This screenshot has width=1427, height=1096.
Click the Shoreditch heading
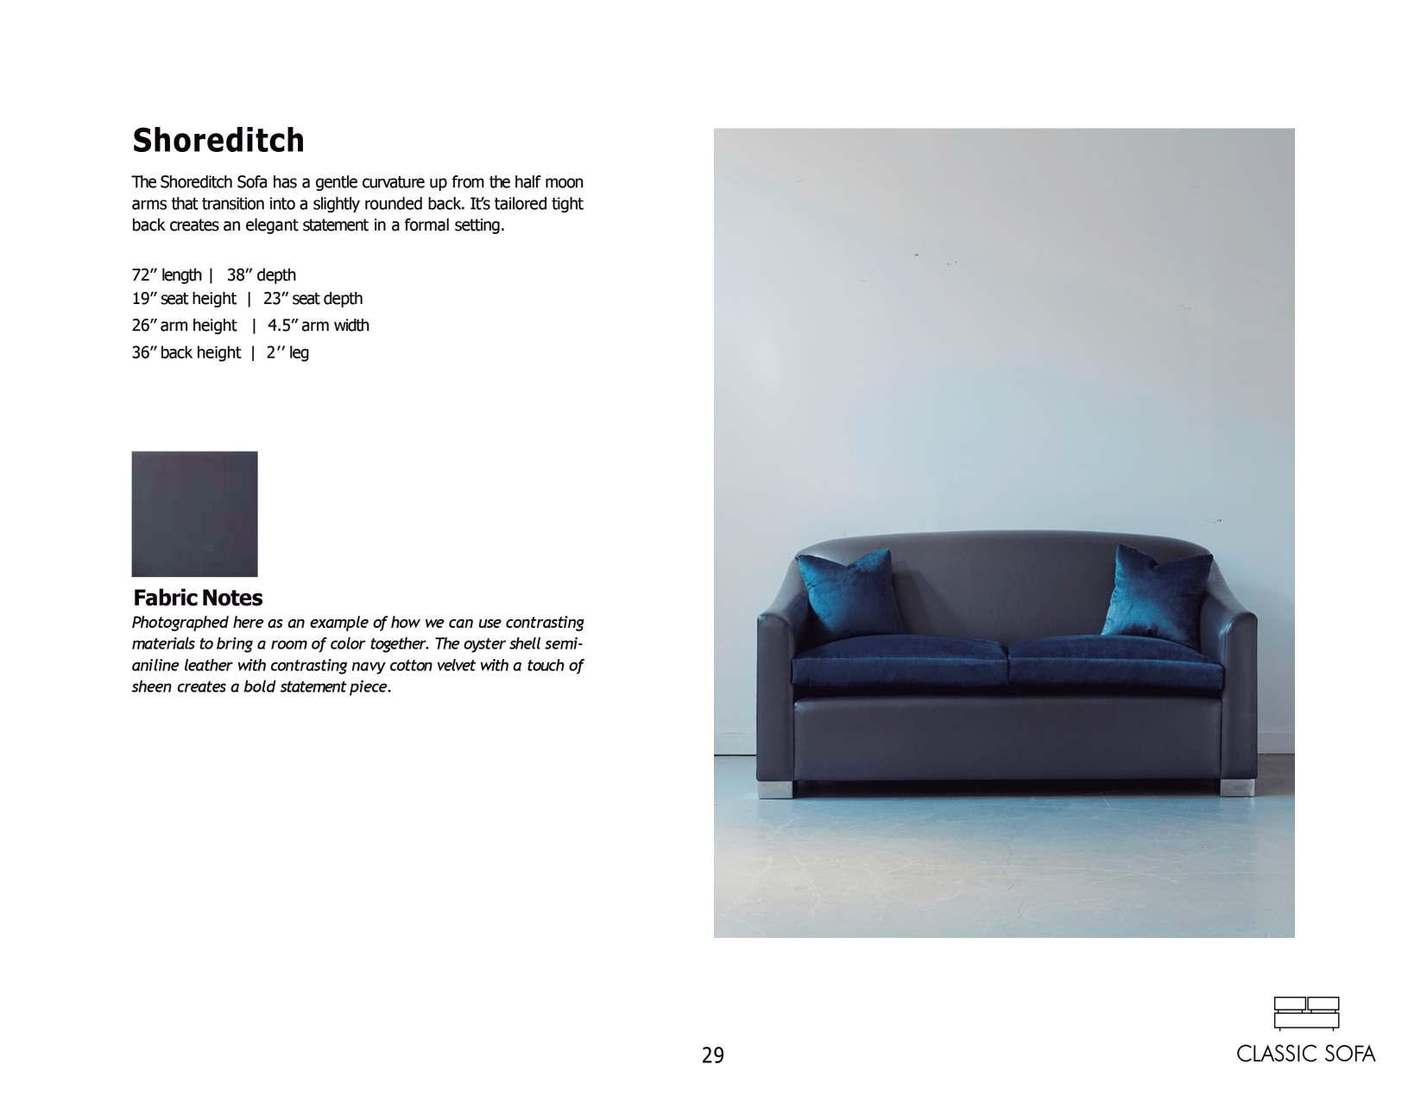[x=218, y=141]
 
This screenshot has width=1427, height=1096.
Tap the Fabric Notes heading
[x=198, y=598]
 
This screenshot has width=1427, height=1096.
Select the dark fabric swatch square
[x=194, y=514]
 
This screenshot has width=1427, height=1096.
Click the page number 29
[x=713, y=1055]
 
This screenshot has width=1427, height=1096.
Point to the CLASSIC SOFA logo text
[x=1305, y=1055]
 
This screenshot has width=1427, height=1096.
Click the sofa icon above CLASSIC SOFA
[x=1306, y=1013]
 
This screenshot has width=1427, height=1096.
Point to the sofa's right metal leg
[x=1230, y=789]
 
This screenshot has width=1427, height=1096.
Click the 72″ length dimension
[x=167, y=276]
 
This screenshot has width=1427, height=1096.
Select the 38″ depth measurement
[x=262, y=276]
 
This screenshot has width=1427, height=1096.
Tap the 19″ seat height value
[x=184, y=299]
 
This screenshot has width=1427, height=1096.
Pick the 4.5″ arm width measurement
[x=319, y=326]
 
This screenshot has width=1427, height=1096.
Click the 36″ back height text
[x=186, y=352]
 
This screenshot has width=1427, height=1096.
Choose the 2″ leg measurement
[x=287, y=352]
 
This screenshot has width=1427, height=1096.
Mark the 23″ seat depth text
[x=313, y=299]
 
